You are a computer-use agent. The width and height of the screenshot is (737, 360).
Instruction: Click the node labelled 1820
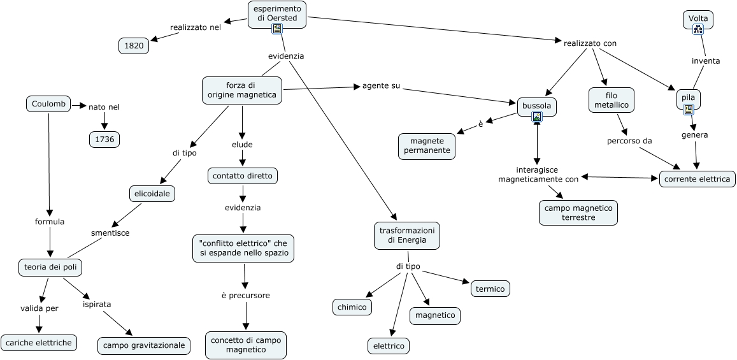(x=134, y=46)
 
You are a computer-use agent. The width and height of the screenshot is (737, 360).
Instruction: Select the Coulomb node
(x=48, y=104)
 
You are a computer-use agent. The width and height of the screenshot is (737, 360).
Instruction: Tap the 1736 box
(x=104, y=140)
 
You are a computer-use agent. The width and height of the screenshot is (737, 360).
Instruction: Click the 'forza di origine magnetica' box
(x=242, y=90)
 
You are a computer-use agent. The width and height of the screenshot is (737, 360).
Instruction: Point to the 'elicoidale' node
(x=152, y=193)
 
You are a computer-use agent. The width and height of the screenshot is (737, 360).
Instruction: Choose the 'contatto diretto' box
(x=243, y=175)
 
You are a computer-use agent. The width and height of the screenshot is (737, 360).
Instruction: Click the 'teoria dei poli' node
(x=50, y=268)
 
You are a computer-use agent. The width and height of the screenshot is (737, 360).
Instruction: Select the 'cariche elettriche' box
(x=39, y=343)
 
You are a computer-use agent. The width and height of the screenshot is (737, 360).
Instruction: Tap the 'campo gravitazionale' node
(x=144, y=346)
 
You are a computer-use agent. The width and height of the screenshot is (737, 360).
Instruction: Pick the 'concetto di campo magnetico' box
(x=246, y=345)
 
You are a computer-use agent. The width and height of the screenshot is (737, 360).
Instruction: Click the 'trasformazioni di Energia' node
(x=406, y=235)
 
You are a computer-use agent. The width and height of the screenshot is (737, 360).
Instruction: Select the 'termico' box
(x=490, y=289)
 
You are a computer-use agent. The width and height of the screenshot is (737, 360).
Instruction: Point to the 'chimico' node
(x=352, y=307)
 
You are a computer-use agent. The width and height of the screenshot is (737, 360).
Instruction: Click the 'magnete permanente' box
(x=427, y=146)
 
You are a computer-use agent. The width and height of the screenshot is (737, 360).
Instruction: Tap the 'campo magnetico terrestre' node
(x=578, y=213)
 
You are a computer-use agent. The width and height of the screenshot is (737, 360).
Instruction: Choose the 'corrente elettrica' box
(x=697, y=179)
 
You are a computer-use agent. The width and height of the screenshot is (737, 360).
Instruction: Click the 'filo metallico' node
(x=612, y=100)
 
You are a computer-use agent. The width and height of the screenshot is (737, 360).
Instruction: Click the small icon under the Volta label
(x=698, y=29)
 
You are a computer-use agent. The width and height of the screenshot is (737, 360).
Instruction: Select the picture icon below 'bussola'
(x=537, y=117)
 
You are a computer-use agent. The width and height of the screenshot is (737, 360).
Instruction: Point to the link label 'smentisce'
(x=110, y=233)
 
